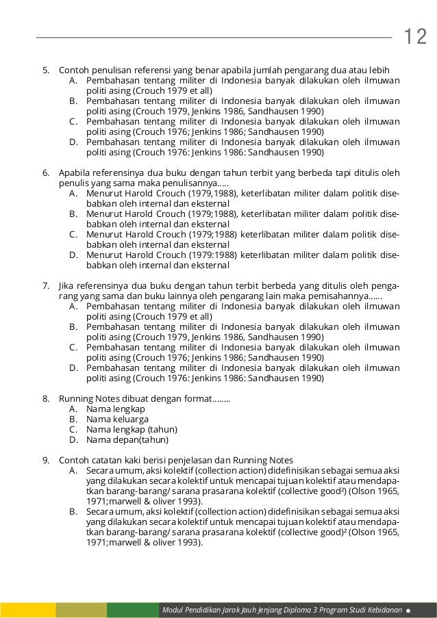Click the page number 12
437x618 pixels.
(x=415, y=36)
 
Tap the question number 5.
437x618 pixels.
(x=45, y=70)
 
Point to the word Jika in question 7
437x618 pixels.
(x=68, y=284)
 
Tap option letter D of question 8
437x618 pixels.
(x=73, y=439)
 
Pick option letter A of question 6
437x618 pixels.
(x=73, y=194)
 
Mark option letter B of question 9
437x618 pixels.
(x=73, y=512)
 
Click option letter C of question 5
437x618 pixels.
(x=73, y=121)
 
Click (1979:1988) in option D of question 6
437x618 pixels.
(x=205, y=255)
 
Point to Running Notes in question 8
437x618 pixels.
(x=88, y=398)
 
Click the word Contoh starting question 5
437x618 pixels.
(x=74, y=70)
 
